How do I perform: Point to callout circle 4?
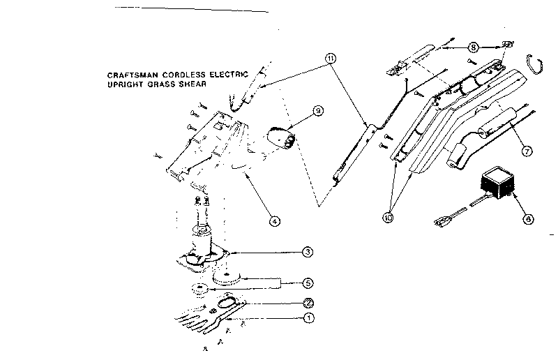pos(276,221)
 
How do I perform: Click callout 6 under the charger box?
pos(527,218)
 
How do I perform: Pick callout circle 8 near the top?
pos(474,47)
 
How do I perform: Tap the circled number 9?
pos(318,110)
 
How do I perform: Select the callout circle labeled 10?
pos(389,217)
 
